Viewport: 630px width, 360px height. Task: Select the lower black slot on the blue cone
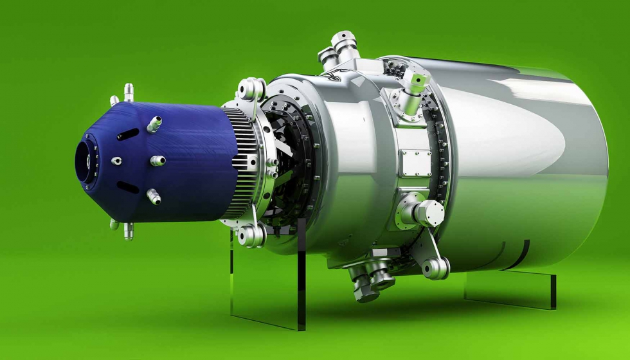click(127, 187)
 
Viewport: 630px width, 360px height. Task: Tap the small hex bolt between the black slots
click(116, 161)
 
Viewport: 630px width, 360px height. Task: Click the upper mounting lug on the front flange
click(251, 88)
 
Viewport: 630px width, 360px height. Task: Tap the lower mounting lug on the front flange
click(250, 235)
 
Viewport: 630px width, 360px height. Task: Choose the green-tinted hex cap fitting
click(417, 82)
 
